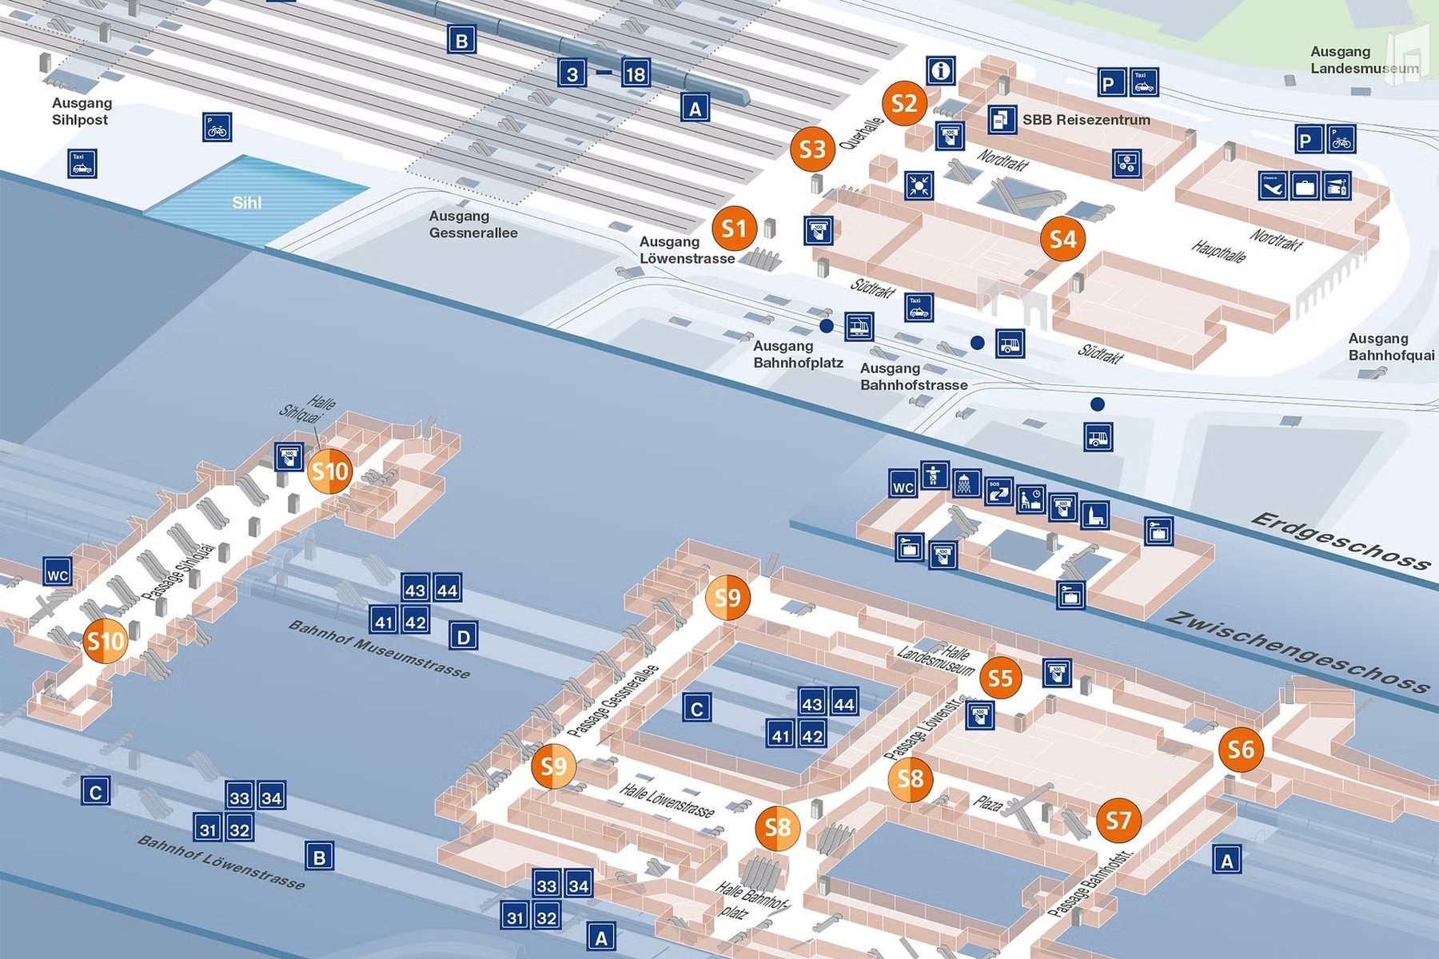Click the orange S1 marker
[x=734, y=229]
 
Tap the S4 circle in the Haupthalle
[x=1062, y=239]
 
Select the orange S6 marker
[x=1241, y=749]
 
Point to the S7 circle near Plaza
[x=1118, y=820]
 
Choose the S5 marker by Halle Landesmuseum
[x=1000, y=678]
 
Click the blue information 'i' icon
[x=941, y=70]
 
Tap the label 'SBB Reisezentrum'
[x=1086, y=120]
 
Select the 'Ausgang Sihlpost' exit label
[x=82, y=111]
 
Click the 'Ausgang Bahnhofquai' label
[x=1391, y=347]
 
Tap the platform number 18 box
[x=635, y=74]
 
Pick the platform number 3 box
[x=572, y=74]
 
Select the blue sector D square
[x=463, y=637]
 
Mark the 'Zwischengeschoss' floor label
[x=1297, y=652]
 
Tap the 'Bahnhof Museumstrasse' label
[x=379, y=649]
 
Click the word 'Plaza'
[x=988, y=803]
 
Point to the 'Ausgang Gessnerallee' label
[x=472, y=225]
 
